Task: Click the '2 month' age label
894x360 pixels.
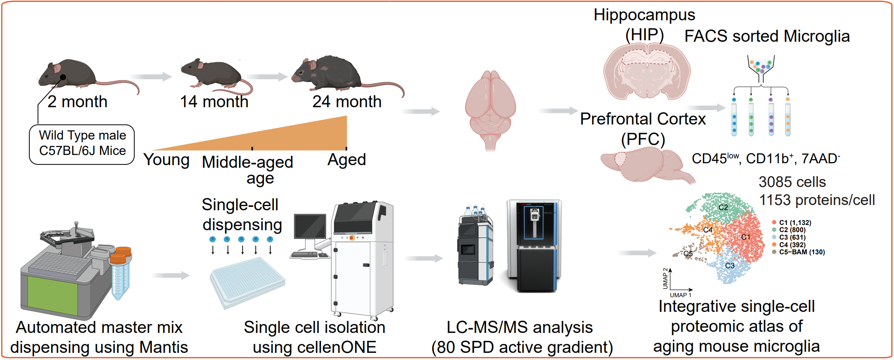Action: [77, 102]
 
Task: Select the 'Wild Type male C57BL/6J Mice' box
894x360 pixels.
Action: [82, 144]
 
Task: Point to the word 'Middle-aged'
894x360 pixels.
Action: [247, 162]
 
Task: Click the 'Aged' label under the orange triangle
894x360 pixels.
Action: [346, 160]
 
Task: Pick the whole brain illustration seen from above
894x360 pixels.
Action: [490, 110]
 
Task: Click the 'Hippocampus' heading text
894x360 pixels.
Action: [644, 15]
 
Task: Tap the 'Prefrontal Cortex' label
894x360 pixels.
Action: [643, 119]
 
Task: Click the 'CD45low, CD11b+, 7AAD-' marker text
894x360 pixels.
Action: [766, 158]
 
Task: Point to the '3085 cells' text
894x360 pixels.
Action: [792, 182]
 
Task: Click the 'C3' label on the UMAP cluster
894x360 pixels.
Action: [730, 266]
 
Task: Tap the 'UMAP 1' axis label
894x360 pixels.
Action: [680, 295]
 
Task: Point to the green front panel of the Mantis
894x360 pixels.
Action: [52, 296]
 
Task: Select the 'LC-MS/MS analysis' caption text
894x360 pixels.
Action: [519, 327]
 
